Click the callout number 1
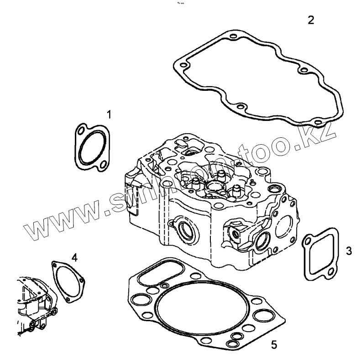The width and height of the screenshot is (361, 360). click(x=109, y=114)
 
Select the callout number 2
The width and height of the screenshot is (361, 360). click(x=310, y=20)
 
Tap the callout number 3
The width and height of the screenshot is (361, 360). click(x=349, y=250)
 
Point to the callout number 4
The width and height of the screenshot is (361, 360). click(x=74, y=257)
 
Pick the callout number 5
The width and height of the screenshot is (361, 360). click(x=274, y=344)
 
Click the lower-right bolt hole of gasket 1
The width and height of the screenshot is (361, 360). click(x=104, y=164)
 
